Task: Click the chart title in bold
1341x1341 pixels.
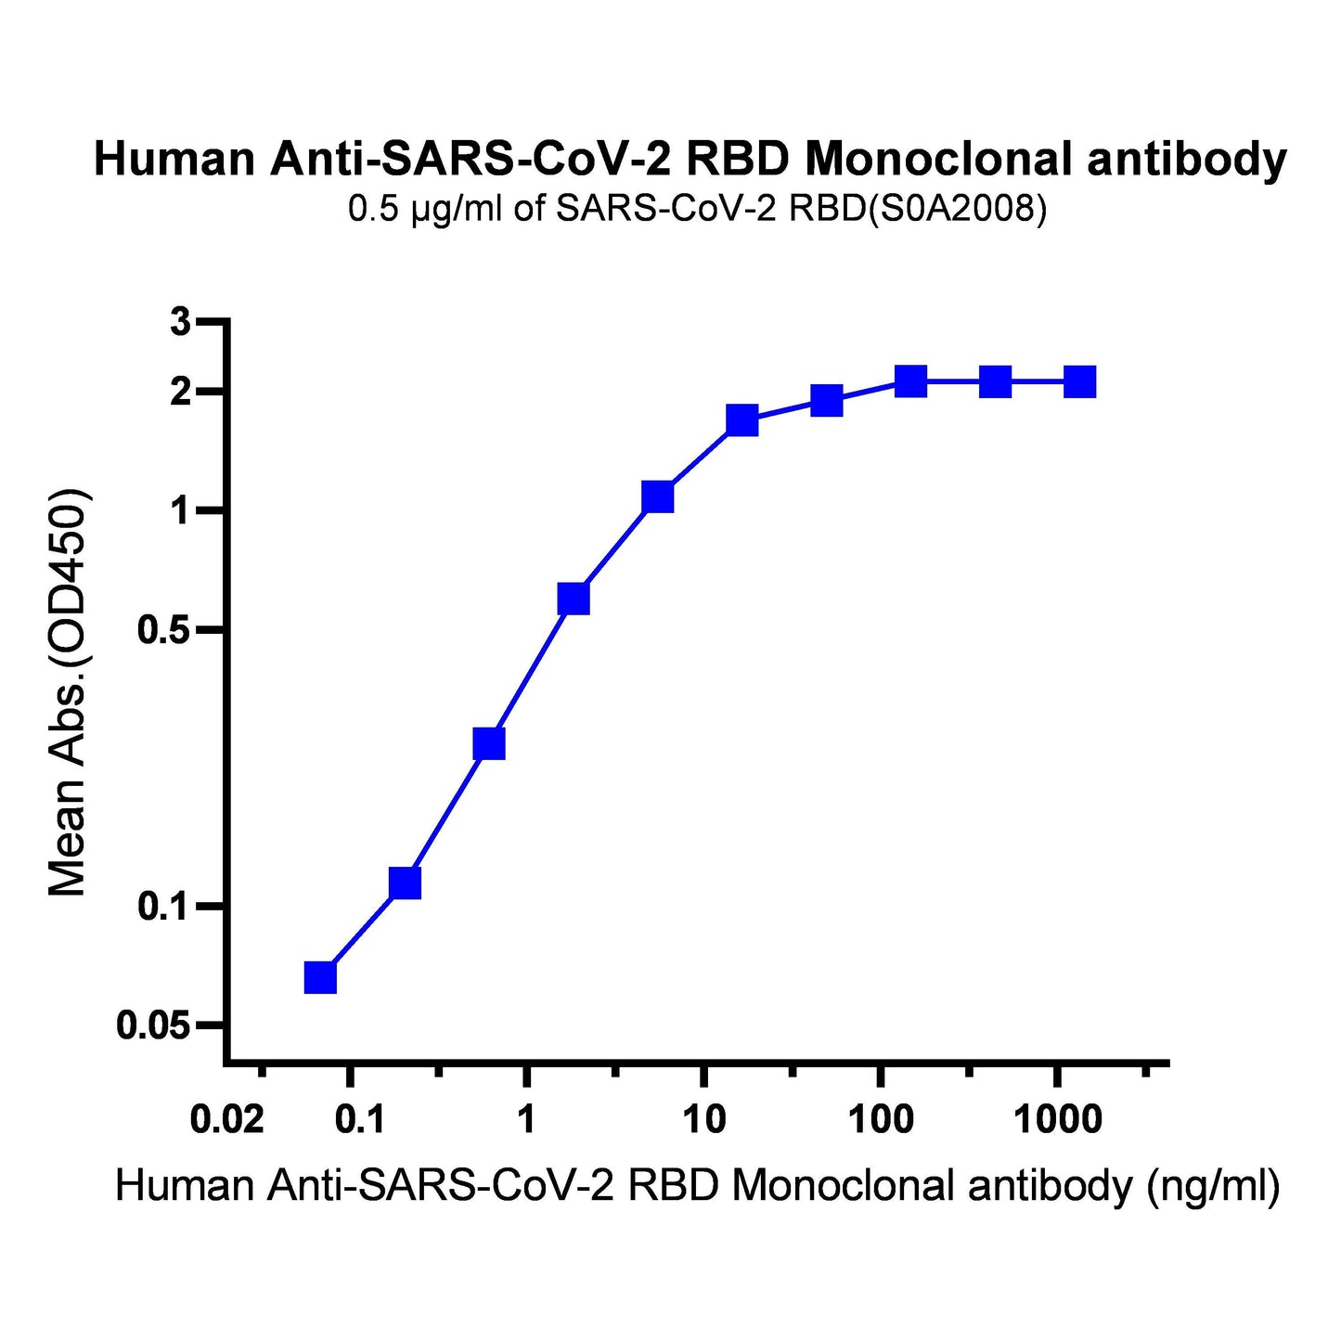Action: point(690,160)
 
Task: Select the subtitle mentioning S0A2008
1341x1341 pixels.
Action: point(697,210)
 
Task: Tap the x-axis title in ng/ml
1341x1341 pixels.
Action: point(697,1186)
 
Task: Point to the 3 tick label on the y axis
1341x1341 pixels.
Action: point(180,323)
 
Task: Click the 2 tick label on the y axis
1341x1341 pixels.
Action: point(180,392)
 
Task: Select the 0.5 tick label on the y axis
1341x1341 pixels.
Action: point(164,631)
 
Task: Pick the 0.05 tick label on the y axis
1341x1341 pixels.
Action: point(154,1025)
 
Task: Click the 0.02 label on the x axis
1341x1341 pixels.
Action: point(226,1120)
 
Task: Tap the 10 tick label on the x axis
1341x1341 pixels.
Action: point(704,1120)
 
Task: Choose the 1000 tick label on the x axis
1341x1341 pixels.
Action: point(1058,1120)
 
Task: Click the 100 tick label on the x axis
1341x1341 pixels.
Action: point(881,1120)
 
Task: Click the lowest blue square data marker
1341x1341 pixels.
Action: point(320,977)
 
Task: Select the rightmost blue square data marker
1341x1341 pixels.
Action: point(1079,381)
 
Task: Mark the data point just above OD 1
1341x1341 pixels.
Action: point(657,497)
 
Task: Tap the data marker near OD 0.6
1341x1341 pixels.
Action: point(574,599)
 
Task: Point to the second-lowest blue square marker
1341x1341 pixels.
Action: point(405,883)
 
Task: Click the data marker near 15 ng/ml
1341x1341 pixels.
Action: point(741,420)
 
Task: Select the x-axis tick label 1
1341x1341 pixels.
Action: point(526,1120)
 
